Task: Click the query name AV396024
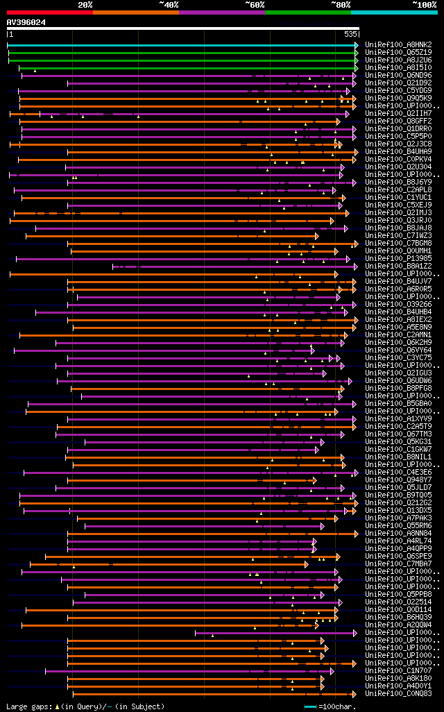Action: [x=26, y=22]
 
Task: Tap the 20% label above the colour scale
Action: [x=85, y=4]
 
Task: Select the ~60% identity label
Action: [x=255, y=4]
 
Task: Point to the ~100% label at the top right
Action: [x=424, y=4]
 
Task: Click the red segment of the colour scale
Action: [x=49, y=12]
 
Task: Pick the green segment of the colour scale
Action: [x=307, y=12]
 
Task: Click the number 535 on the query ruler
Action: [x=350, y=34]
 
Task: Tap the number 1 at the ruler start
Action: [x=10, y=34]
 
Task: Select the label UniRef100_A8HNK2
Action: [x=398, y=44]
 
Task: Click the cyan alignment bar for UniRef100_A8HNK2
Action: [x=180, y=44]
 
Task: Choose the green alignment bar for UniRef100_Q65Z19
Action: [x=180, y=52]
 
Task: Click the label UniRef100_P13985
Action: [x=398, y=258]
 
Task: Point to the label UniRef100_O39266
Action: [x=398, y=304]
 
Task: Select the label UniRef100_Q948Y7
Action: [x=398, y=480]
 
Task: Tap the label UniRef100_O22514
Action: [x=398, y=602]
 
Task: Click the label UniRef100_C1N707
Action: [x=398, y=670]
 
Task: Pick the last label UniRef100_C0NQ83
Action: [x=398, y=693]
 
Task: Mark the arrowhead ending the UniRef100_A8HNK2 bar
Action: [x=357, y=44]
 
